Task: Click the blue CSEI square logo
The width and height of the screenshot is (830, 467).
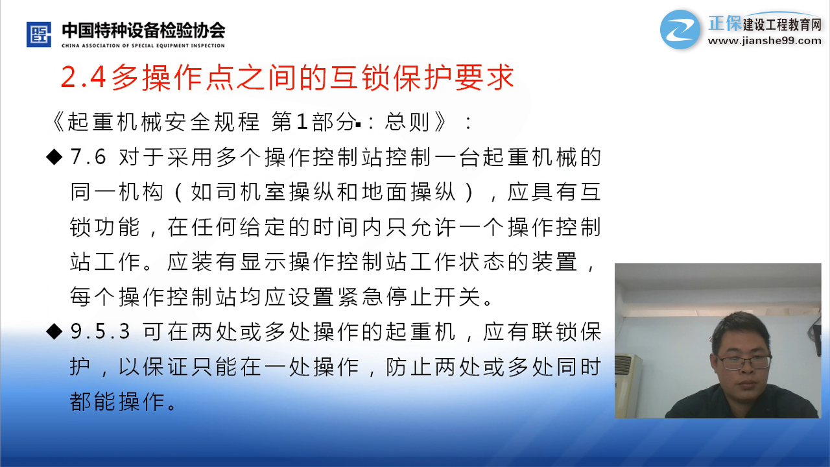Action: tap(38, 34)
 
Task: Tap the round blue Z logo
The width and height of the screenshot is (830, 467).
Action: tap(680, 30)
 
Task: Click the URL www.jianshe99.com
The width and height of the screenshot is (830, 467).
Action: tap(765, 41)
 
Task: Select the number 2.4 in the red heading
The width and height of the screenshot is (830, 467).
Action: tap(84, 77)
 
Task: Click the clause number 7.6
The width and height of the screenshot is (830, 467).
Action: tap(88, 157)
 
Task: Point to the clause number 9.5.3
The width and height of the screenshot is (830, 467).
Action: tap(100, 331)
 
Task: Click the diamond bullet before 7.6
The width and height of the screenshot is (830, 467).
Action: tap(54, 157)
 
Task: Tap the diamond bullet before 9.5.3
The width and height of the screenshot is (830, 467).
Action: tap(54, 331)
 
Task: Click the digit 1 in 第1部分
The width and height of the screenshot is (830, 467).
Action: tap(302, 122)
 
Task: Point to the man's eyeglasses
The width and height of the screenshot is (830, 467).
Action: tap(743, 362)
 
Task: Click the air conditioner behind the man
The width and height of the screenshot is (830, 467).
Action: tap(628, 385)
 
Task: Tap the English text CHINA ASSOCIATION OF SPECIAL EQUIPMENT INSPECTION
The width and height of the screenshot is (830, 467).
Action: tap(143, 45)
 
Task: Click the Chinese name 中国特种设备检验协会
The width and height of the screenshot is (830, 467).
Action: tap(143, 30)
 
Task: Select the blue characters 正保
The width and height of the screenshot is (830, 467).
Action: tap(725, 23)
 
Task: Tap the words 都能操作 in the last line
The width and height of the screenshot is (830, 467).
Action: tap(117, 401)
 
